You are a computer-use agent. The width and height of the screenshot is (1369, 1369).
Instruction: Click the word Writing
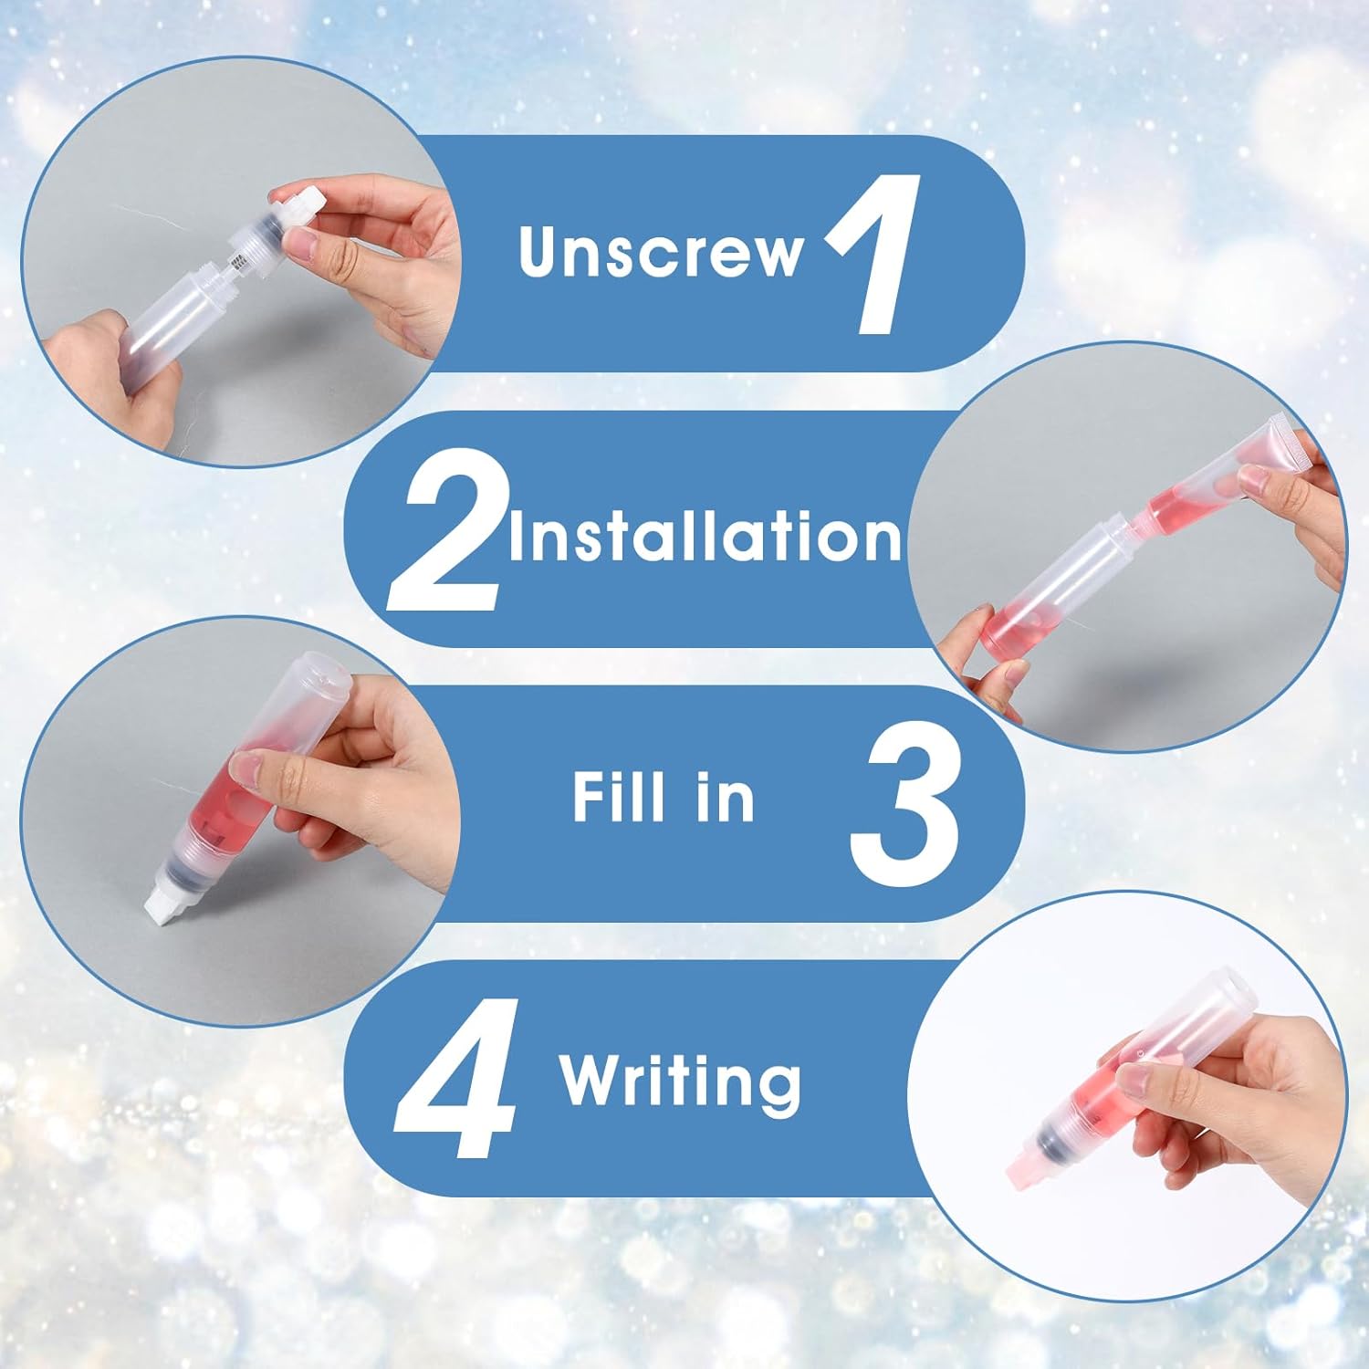tap(680, 1082)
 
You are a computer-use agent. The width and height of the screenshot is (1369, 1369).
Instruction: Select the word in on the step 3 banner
tap(727, 797)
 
